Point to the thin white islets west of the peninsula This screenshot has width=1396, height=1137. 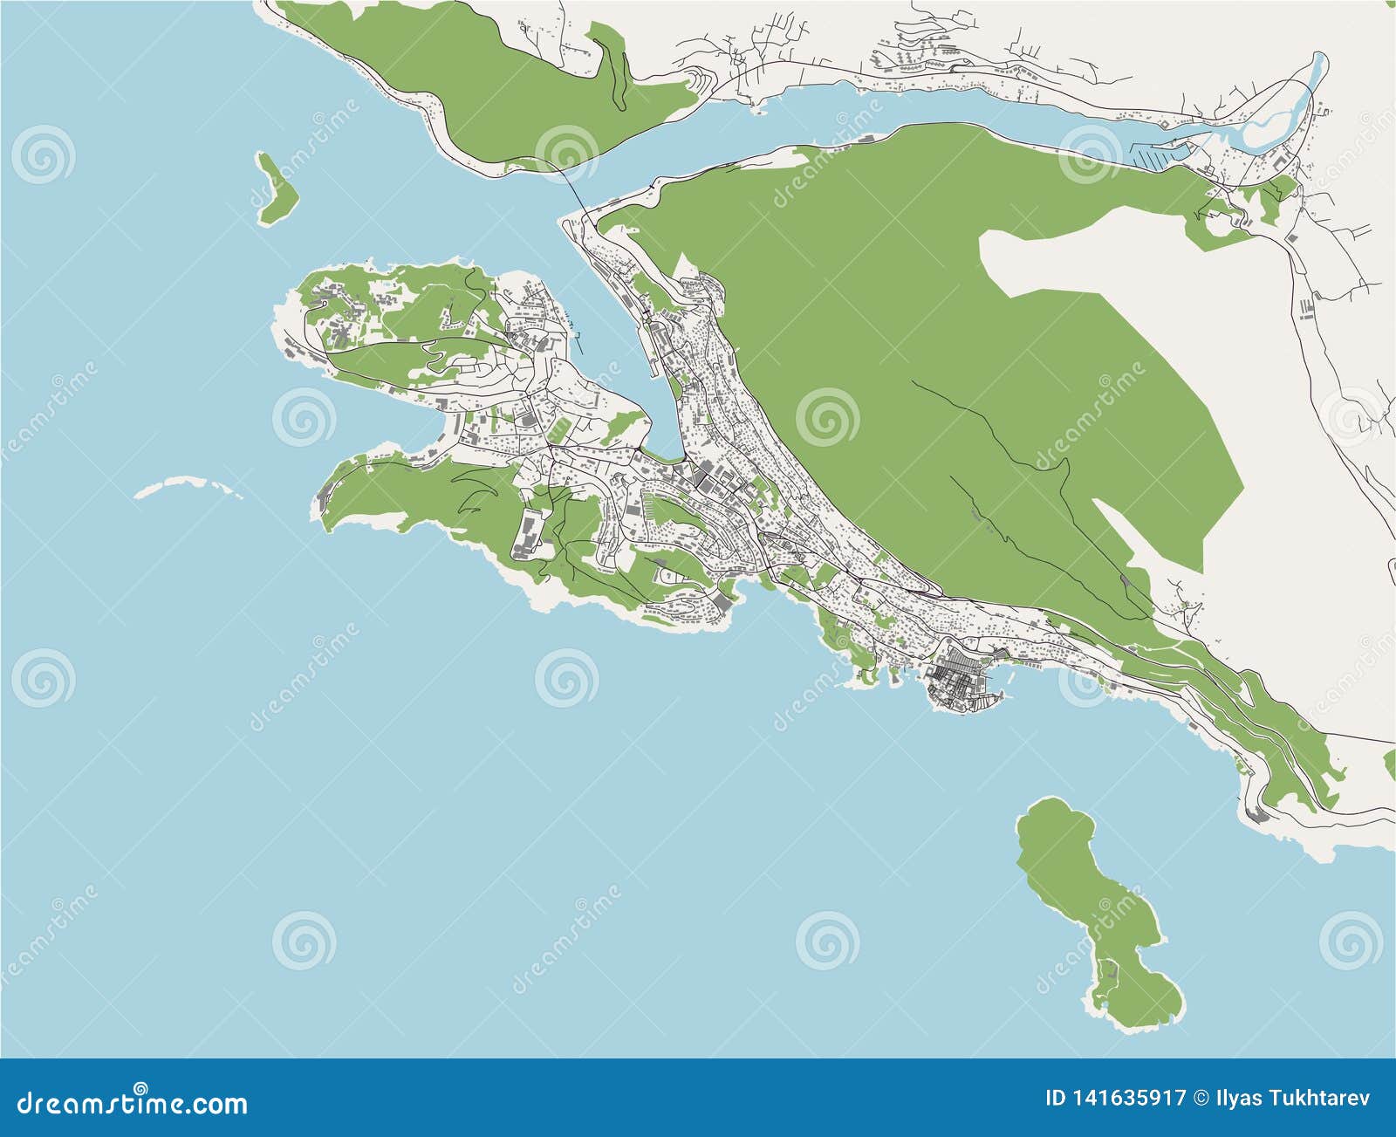pos(188,486)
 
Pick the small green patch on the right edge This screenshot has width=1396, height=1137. pos(1390,764)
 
